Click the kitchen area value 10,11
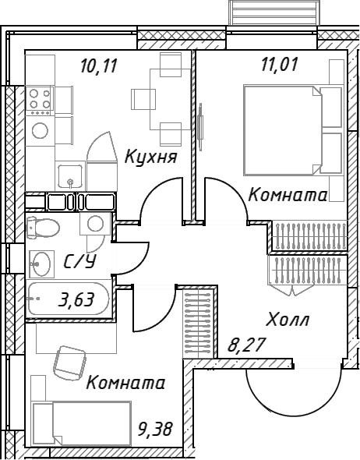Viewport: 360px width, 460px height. (x=99, y=65)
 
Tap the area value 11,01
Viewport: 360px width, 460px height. (x=280, y=64)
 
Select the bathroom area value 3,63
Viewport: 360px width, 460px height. (x=76, y=300)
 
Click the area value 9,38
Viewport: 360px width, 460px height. (x=155, y=429)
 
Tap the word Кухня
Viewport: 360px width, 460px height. (x=151, y=156)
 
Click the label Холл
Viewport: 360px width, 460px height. (x=288, y=319)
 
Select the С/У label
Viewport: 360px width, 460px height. (x=80, y=261)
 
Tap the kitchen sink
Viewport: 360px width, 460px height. (x=70, y=176)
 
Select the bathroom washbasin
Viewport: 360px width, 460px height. (x=41, y=264)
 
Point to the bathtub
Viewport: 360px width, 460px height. (x=68, y=299)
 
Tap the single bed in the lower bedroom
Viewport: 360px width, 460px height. (x=81, y=423)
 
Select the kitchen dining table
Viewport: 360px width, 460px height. (x=166, y=100)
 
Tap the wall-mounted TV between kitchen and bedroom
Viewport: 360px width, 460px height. (x=200, y=127)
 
